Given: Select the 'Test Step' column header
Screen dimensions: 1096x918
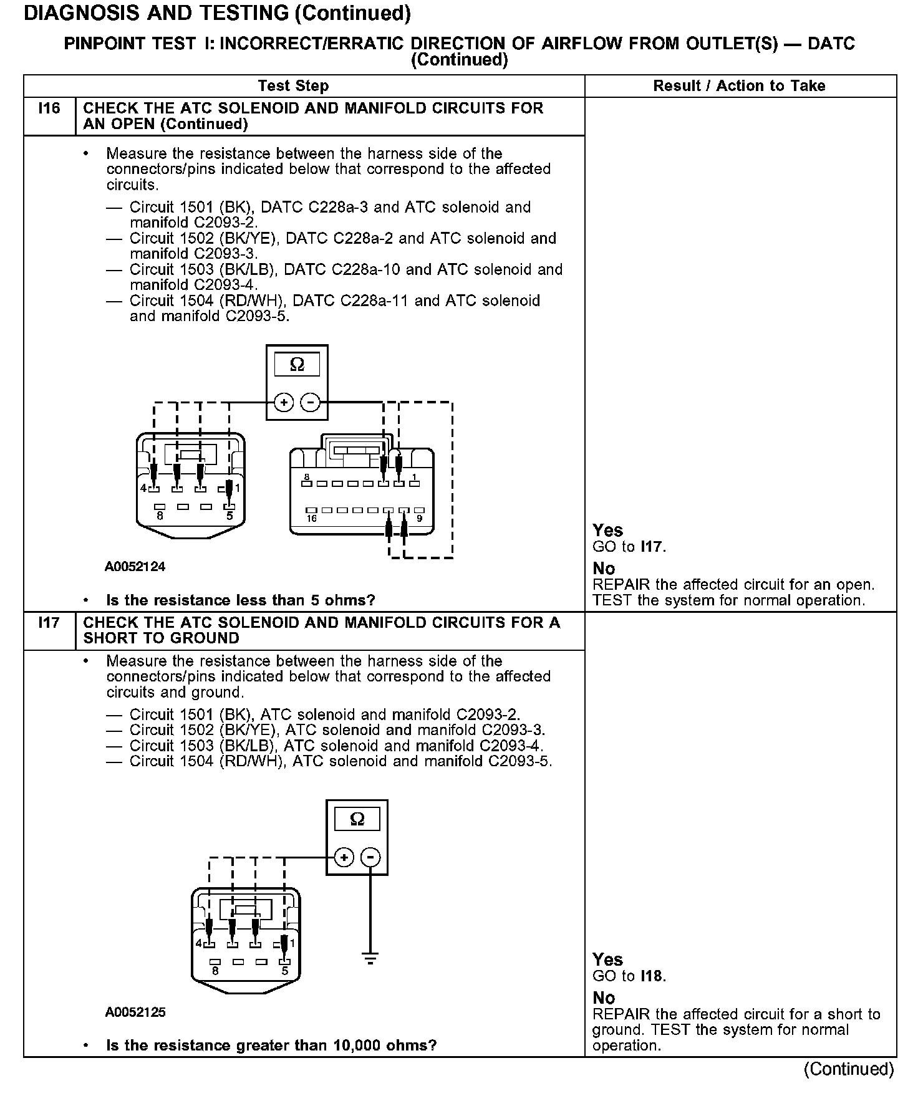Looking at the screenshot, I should coord(293,86).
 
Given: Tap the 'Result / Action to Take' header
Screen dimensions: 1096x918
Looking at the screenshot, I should coord(739,86).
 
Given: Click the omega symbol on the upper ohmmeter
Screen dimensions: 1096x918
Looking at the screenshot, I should coord(297,365).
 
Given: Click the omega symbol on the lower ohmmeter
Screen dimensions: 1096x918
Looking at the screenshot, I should coord(357,820).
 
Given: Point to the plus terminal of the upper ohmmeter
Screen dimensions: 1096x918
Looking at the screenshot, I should coord(284,403).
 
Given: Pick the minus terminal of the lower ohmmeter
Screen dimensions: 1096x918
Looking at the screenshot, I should coord(371,858).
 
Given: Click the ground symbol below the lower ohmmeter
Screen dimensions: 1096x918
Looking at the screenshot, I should coord(370,958).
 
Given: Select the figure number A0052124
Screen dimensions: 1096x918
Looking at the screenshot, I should coord(135,567).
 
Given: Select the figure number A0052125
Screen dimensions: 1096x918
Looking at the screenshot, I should coord(135,1012).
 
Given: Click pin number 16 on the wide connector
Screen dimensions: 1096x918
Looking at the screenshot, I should coord(311,518).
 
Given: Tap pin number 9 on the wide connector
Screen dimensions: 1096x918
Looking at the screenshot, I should coord(419,518).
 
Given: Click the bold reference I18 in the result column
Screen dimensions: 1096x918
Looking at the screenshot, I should coord(652,976).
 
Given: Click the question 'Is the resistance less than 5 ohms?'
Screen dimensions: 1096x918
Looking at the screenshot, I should coord(241,600).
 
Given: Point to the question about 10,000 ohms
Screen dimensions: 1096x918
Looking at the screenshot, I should coord(271,1046).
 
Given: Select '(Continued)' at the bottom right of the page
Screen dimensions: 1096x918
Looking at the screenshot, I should coord(848,1069).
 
